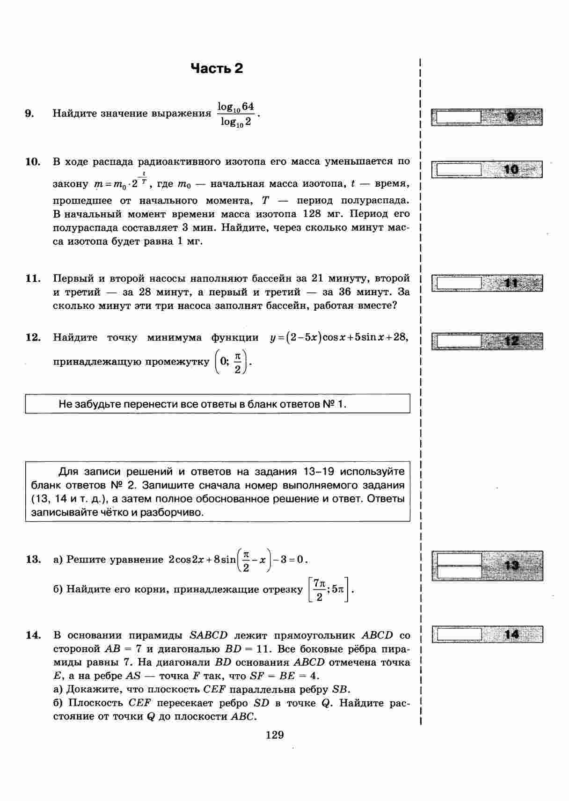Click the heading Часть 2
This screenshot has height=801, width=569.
217,69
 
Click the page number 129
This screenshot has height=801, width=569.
275,735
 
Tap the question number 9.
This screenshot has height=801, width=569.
29,113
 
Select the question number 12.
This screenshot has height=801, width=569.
33,337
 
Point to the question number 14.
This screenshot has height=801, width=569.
33,635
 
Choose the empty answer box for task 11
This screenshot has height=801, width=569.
458,283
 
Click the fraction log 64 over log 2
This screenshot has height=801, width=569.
236,114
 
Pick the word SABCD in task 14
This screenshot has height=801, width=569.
208,635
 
